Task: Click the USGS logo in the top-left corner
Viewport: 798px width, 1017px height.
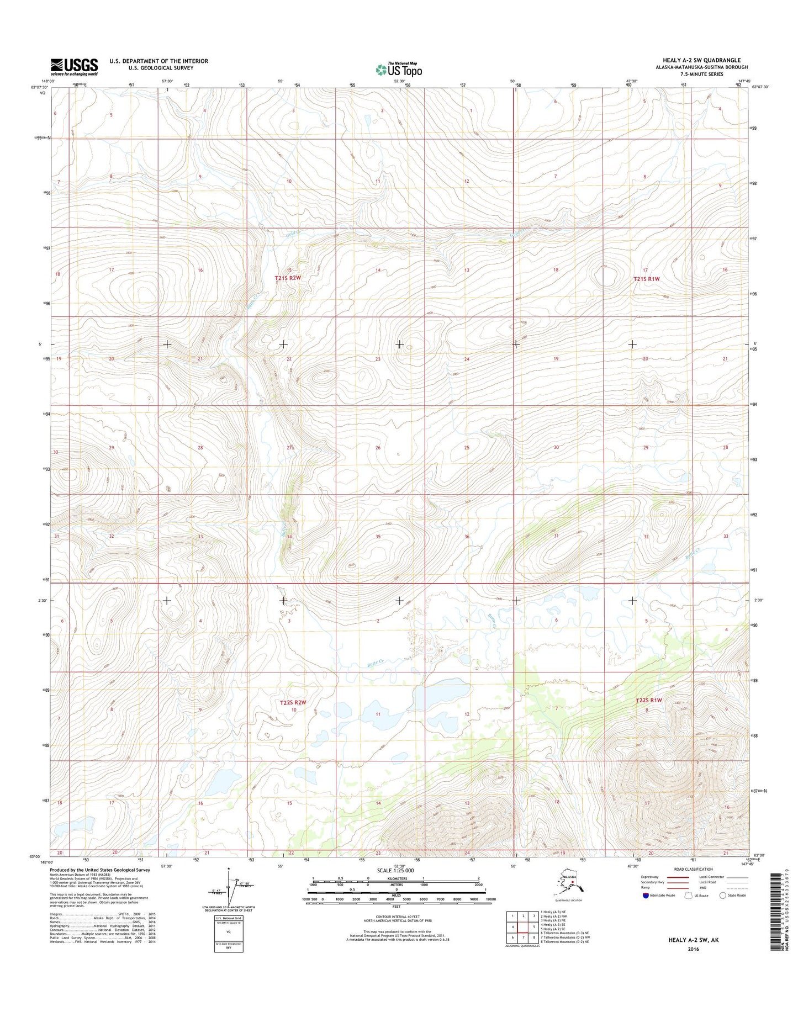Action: pos(74,67)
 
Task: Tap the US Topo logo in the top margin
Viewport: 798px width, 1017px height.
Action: pos(399,69)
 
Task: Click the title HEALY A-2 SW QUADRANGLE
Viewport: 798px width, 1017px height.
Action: pos(701,60)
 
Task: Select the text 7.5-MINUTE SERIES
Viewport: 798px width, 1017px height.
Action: pos(701,74)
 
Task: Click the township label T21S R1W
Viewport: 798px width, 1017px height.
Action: pos(646,279)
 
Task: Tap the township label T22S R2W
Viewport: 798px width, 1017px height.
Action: pos(292,702)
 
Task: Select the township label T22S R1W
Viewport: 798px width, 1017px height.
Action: pos(648,700)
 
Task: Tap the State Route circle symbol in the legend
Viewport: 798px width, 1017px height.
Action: pos(722,896)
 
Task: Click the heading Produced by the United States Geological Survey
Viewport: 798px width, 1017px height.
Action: pos(99,870)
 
